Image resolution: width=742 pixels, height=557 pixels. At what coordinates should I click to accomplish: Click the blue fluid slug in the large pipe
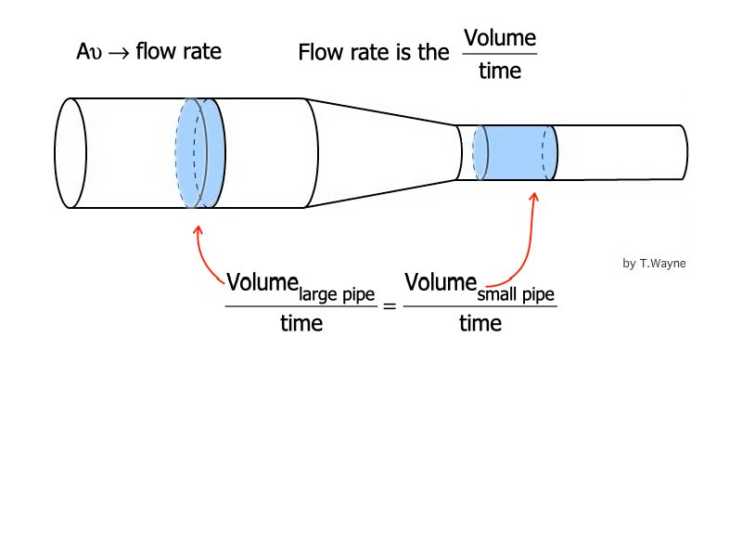click(200, 152)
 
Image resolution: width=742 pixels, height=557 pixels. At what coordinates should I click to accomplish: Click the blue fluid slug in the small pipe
click(515, 153)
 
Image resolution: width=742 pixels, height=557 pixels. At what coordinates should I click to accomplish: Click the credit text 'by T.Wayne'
click(654, 264)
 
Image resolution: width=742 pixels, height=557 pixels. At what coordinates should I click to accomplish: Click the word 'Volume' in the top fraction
click(500, 38)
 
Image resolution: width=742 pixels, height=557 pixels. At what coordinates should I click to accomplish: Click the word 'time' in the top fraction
click(500, 71)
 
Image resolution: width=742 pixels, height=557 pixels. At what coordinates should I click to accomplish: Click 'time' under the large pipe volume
click(301, 324)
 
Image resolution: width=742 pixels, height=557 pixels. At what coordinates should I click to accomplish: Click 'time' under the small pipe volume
click(480, 324)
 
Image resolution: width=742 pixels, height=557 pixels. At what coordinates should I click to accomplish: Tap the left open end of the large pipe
click(69, 152)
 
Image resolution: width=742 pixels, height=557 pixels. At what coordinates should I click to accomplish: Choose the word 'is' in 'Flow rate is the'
click(405, 52)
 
